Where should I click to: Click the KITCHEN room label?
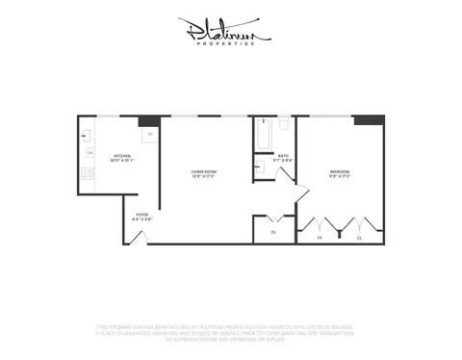122,156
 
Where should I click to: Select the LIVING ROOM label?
203,172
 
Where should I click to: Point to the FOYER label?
141,216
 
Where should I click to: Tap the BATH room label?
283,156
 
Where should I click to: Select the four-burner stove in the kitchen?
88,174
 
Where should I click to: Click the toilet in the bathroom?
285,125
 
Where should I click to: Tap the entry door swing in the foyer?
138,235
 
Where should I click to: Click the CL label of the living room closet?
273,232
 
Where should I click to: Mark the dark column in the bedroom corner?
368,121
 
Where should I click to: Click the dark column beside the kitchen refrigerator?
148,121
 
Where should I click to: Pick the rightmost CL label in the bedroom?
359,236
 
